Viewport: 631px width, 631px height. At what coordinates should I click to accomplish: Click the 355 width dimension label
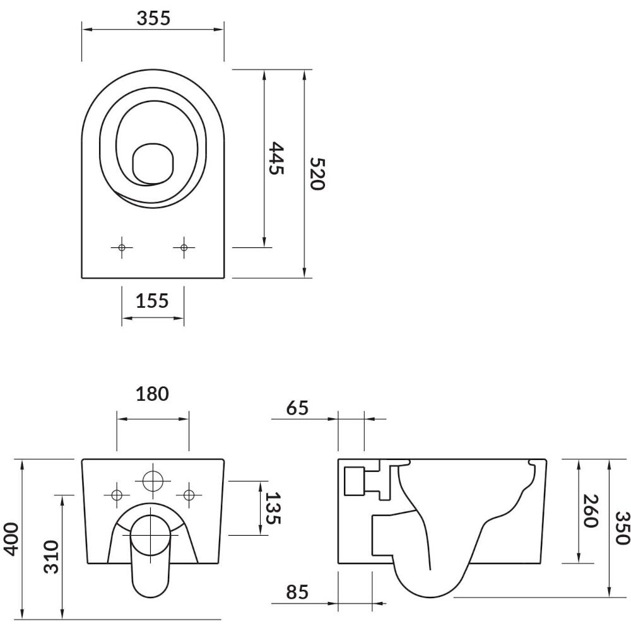tap(153, 18)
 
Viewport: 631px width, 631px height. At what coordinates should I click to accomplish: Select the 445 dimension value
tap(276, 158)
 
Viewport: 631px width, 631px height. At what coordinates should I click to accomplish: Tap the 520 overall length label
tap(317, 174)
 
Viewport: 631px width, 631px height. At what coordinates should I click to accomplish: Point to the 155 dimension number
tap(152, 300)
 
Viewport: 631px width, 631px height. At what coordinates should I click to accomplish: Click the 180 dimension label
tap(153, 394)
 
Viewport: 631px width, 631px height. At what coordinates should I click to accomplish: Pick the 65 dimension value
tap(297, 408)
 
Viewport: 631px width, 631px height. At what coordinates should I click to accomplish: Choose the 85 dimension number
tap(297, 592)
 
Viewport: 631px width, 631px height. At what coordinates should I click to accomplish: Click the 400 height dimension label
tap(11, 539)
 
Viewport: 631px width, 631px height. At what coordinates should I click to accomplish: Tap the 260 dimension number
tap(591, 510)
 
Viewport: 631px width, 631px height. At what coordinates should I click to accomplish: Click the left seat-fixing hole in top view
tap(122, 247)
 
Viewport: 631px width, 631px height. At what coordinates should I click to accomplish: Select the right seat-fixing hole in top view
tap(184, 247)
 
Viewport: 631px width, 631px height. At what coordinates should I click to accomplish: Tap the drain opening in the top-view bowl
tap(153, 163)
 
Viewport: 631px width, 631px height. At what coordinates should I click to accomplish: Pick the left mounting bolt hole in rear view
tap(117, 495)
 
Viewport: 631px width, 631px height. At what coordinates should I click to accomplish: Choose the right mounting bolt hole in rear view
tap(189, 495)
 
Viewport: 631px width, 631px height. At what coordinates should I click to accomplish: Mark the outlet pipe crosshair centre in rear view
tap(150, 535)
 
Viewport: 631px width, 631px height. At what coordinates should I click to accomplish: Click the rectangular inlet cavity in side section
tap(354, 481)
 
